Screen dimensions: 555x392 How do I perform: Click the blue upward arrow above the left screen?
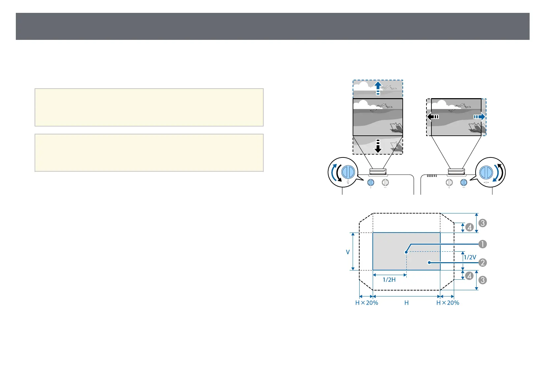coord(378,88)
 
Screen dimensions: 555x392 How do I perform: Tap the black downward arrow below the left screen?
coord(378,146)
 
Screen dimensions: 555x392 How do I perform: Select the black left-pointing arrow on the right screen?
coord(433,117)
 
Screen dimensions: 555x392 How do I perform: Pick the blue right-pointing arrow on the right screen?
coord(480,117)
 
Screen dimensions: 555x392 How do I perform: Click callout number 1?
coord(482,244)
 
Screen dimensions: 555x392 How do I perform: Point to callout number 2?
coord(482,263)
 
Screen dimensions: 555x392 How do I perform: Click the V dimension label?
coord(348,252)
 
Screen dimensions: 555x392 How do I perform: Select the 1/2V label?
coord(470,257)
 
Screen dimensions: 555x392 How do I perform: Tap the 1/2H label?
coord(389,280)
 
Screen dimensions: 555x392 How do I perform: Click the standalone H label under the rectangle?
coord(406,303)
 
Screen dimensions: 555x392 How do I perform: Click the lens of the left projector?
coord(378,172)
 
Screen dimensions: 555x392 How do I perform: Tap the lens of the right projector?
coord(456,172)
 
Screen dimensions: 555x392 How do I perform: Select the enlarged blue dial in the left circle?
coord(348,172)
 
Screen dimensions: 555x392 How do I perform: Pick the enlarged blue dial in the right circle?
coord(486,172)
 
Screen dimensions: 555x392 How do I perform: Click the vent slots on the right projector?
coord(432,176)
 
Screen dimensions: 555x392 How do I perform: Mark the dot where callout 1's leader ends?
coord(406,252)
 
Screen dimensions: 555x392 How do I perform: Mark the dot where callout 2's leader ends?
coord(429,263)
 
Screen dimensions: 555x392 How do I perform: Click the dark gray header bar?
coord(273,26)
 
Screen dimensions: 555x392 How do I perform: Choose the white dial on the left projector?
coord(385,182)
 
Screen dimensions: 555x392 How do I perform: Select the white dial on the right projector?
coord(449,182)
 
